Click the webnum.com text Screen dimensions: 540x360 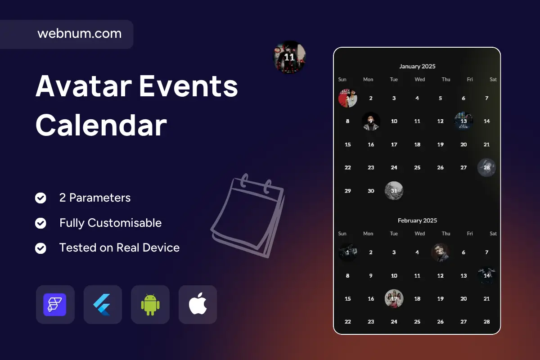tap(79, 33)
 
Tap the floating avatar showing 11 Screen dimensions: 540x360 tap(289, 57)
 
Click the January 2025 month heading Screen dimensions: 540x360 tap(417, 66)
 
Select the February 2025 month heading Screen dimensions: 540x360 tap(417, 220)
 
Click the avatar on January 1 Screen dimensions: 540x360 tap(347, 98)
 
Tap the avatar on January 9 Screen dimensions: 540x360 tap(371, 121)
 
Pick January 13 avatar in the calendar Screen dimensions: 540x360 tap(463, 121)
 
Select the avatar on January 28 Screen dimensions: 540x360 tap(486, 167)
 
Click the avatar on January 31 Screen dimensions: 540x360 tap(394, 190)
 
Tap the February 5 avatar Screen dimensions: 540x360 tap(440, 252)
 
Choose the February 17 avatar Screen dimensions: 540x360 tap(394, 298)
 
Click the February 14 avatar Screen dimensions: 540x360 tap(486, 275)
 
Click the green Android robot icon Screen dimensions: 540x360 tap(150, 305)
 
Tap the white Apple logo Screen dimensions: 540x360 tap(198, 304)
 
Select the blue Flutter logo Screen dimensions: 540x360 tap(102, 305)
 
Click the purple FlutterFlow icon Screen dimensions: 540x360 tap(55, 305)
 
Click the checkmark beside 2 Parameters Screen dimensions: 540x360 tap(40, 198)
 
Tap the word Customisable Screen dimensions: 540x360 tap(124, 223)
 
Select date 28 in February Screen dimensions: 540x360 tap(486, 322)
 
